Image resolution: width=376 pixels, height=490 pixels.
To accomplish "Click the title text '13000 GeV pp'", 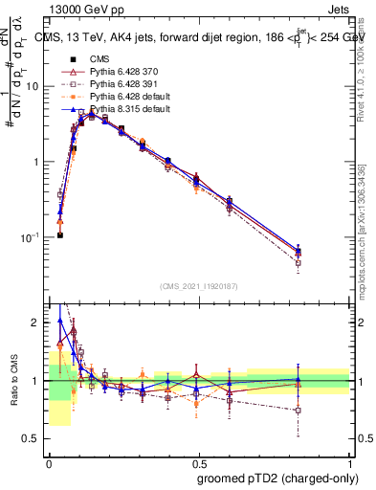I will point(79,8).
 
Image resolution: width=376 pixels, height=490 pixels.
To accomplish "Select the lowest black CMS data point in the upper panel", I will point(59,234).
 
